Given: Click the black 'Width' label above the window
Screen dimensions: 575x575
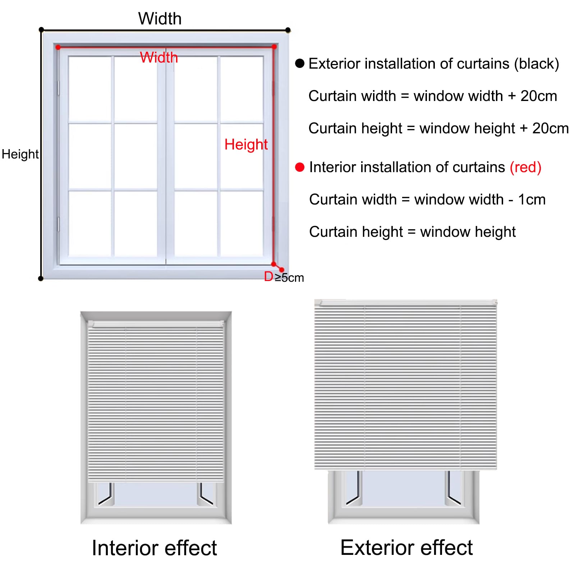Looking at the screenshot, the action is point(160,19).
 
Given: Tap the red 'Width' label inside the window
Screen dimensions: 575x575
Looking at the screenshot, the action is point(159,57).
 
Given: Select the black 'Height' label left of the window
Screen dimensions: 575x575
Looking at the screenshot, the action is point(20,155).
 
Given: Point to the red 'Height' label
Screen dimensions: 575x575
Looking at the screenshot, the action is point(246,145).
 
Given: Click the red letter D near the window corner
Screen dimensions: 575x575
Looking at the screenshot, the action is point(268,276).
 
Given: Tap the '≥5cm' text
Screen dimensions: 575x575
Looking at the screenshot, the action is point(289,277).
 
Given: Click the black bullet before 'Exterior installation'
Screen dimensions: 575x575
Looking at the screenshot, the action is point(300,64).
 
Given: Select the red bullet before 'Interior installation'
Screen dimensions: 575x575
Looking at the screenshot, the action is point(300,167).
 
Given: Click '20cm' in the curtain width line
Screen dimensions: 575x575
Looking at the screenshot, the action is point(539,96).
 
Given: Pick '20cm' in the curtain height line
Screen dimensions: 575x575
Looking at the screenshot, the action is point(551,128).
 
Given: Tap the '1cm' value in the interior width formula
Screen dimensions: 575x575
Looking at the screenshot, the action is point(532,199).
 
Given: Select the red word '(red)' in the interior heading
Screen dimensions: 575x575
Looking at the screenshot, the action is point(525,167).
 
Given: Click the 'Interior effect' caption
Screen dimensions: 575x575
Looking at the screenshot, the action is point(154,548).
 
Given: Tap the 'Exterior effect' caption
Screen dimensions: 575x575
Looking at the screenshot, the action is point(406,548).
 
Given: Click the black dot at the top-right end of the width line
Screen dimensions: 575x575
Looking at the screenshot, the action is point(288,30).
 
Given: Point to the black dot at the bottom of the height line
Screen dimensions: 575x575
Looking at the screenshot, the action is point(41,279).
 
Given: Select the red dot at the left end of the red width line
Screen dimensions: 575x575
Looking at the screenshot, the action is point(58,47).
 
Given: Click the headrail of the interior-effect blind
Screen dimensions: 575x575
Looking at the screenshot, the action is point(156,324).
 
